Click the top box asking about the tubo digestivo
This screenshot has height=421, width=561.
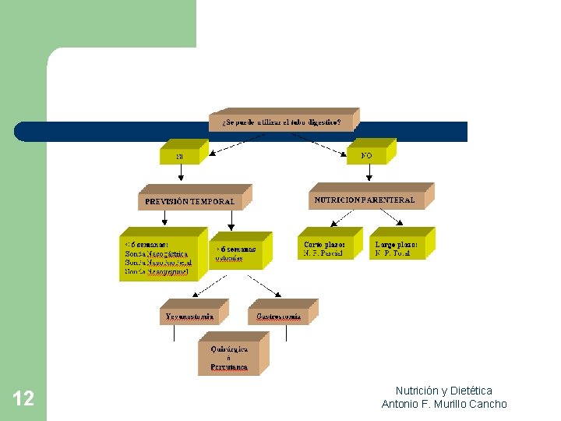point(281,122)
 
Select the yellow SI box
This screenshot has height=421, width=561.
point(181,156)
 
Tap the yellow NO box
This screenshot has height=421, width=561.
point(367,155)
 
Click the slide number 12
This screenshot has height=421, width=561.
point(23,399)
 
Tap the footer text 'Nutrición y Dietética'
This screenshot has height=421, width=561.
point(443,391)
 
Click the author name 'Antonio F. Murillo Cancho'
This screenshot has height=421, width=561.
point(443,404)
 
